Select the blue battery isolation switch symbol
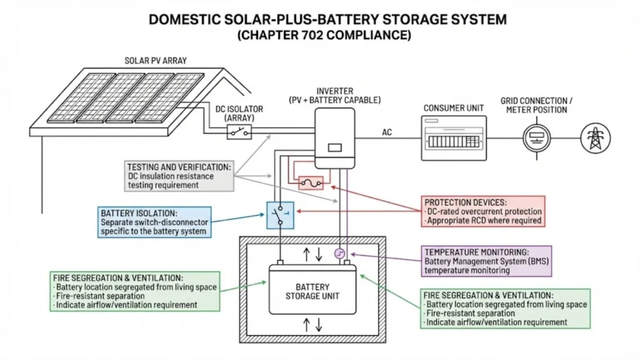point(279,215)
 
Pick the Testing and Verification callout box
point(179,176)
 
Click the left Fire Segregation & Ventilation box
point(136,291)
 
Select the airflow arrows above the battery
point(312,254)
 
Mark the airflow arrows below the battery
point(312,324)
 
